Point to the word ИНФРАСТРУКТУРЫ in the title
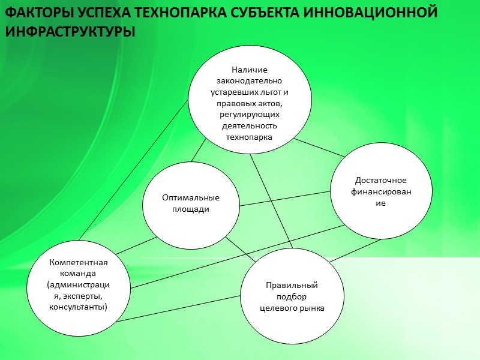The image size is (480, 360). [x=70, y=31]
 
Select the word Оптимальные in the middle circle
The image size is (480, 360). [x=190, y=198]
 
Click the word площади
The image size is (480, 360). [x=190, y=209]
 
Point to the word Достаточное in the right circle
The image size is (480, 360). [x=381, y=180]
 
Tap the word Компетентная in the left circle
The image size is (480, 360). [x=79, y=262]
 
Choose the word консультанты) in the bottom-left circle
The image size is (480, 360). [x=79, y=307]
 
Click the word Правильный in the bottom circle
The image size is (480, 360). [x=292, y=285]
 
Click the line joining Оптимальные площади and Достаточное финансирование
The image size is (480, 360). [x=285, y=199]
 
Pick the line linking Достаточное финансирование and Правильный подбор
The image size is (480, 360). [x=356, y=250]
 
